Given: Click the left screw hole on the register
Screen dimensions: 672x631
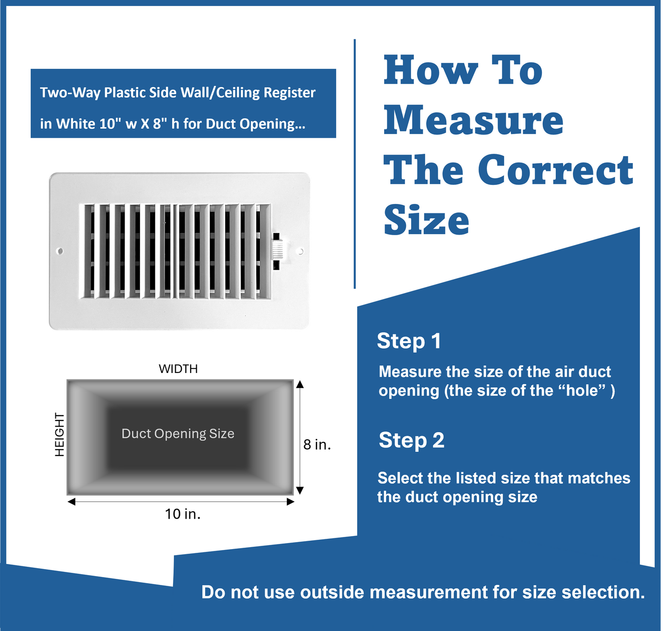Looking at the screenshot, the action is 60,251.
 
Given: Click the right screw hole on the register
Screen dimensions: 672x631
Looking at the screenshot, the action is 300,251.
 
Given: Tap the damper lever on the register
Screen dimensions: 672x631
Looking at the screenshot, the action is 277,251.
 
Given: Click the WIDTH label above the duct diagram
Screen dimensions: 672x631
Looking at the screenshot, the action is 178,369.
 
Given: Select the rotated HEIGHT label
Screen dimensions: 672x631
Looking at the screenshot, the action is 60,435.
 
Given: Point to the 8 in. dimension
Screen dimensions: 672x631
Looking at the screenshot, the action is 317,445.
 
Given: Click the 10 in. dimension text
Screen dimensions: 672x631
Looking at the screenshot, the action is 183,514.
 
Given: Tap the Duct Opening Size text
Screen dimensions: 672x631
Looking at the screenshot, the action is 178,434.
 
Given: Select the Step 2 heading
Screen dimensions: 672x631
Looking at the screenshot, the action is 412,440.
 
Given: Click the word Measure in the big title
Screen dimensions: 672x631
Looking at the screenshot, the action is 473,120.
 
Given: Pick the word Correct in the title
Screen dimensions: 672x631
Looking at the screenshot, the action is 556,170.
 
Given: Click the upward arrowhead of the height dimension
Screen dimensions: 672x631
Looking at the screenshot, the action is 300,384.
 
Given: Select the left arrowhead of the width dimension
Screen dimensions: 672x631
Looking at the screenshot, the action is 72,502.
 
